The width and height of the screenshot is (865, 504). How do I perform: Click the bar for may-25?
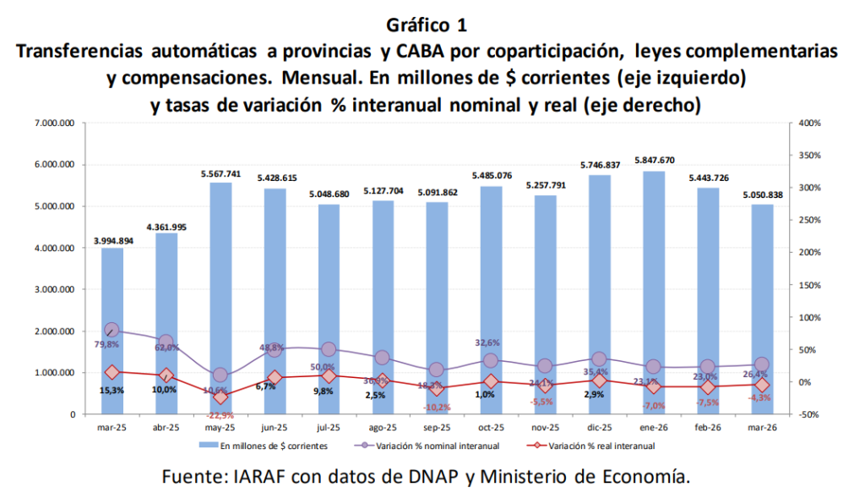(x=220, y=296)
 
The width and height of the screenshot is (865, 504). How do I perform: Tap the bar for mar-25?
(x=112, y=330)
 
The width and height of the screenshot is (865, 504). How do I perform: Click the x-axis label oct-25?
(x=492, y=428)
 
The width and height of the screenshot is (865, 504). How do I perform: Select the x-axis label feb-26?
(x=708, y=428)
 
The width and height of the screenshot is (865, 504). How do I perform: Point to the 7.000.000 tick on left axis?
(x=56, y=123)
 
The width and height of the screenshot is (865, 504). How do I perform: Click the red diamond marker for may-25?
(x=220, y=397)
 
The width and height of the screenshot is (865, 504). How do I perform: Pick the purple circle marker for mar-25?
(x=112, y=330)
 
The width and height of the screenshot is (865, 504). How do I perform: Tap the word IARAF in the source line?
(x=256, y=477)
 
